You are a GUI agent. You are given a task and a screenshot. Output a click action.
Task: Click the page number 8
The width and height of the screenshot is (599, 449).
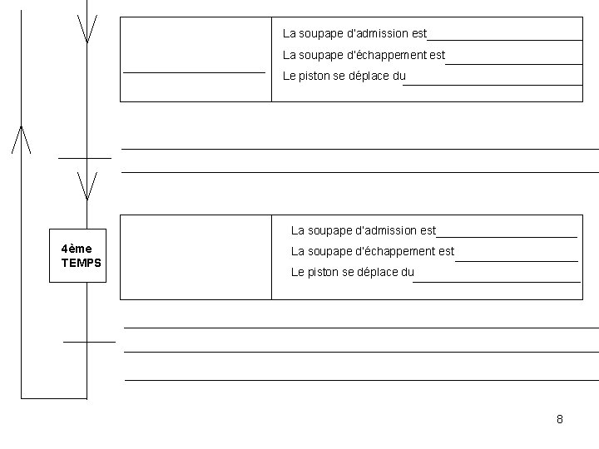point(560,419)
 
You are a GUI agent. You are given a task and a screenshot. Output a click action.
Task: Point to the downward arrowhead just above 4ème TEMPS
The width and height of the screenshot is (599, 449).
point(87,185)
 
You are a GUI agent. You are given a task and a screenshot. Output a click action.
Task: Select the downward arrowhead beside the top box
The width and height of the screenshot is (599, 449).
point(87,29)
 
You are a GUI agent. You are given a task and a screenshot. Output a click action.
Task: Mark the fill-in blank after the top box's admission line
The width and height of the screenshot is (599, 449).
point(504,39)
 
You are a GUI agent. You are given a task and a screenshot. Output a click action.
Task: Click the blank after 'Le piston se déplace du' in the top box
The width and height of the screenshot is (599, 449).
point(493,83)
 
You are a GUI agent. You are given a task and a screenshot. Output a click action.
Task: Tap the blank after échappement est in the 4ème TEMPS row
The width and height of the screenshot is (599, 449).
point(516,260)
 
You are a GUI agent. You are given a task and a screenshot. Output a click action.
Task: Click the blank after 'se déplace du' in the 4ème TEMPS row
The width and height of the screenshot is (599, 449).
point(496,281)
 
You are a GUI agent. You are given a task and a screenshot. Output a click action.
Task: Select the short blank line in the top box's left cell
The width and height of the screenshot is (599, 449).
point(194,73)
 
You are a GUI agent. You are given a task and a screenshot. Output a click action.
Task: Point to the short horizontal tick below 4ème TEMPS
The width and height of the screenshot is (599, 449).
point(89,341)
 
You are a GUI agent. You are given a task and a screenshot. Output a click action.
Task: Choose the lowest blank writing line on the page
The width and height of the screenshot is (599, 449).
point(361,380)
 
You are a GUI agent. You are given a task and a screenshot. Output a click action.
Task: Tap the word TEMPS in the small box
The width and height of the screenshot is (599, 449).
point(81,263)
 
